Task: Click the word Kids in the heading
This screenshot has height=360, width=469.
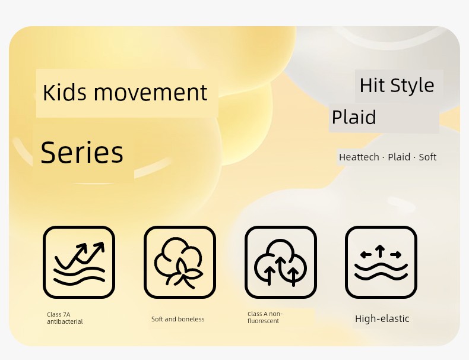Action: point(65,92)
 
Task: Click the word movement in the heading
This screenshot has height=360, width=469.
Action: point(150,93)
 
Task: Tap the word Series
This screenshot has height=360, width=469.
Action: point(82,152)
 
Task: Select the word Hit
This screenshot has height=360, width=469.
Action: point(372,86)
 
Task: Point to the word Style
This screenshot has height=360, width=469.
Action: point(412,86)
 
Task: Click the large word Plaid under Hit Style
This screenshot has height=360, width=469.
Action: point(354,117)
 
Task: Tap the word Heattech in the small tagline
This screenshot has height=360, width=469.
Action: point(359,157)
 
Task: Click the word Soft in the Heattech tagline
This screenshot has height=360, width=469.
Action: point(427,157)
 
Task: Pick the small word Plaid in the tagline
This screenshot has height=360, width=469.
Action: point(399,157)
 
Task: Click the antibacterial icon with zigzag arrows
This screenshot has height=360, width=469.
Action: point(79,262)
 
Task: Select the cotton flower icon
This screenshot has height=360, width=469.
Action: point(180,262)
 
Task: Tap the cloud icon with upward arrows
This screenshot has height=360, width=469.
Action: point(281,262)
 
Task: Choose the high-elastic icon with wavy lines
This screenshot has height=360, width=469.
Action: point(381,262)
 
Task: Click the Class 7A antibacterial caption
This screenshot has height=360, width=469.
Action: point(65,318)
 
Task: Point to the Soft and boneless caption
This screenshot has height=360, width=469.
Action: point(178,319)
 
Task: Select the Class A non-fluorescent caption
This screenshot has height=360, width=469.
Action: point(265,317)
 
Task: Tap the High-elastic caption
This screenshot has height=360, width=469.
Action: point(382,318)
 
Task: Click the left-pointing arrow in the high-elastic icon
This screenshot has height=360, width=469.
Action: point(366,255)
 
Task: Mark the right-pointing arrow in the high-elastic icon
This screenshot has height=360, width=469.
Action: point(396,255)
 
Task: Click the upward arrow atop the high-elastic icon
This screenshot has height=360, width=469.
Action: point(380,251)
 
